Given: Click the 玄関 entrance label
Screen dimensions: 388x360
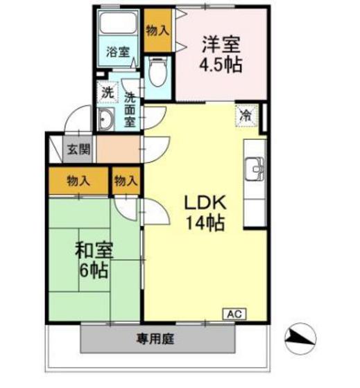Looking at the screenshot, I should coord(78,148).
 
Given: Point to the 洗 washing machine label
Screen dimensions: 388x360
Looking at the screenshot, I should coord(106,91).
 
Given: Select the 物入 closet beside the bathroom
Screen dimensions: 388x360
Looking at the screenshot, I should coord(157,30).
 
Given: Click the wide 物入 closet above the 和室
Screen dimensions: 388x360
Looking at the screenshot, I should coord(78,182).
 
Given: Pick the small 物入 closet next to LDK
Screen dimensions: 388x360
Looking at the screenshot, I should coord(126,182).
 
